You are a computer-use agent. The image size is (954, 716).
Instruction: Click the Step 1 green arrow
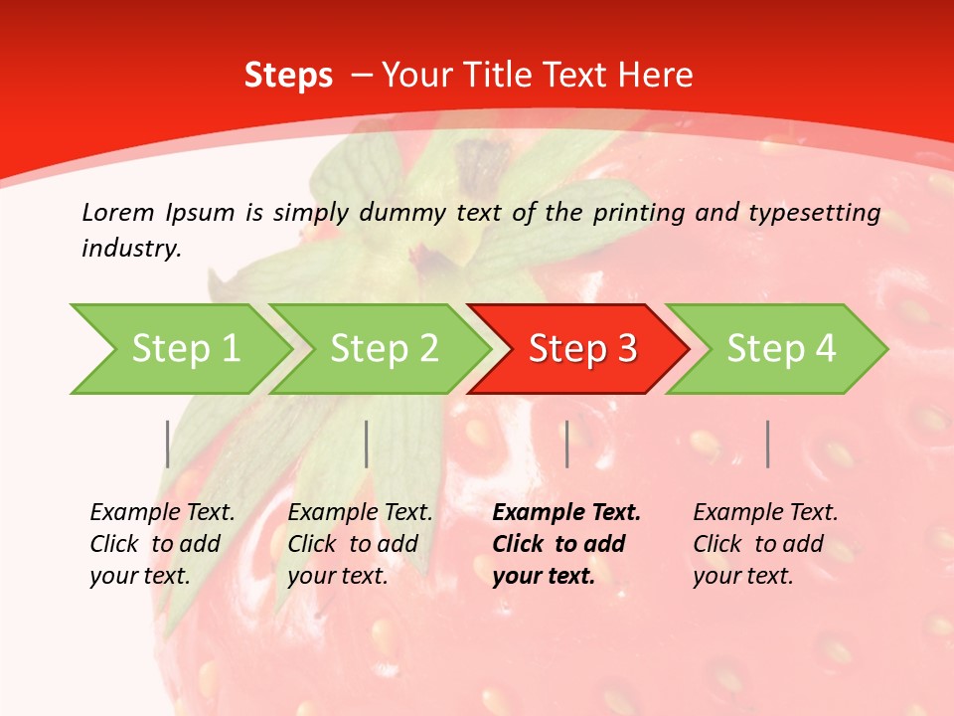[185, 349]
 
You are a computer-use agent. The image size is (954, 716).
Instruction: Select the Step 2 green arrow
[384, 349]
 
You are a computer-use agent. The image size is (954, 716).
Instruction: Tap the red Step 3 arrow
[582, 349]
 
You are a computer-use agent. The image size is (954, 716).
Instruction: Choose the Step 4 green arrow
[781, 349]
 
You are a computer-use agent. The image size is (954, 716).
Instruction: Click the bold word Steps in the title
[288, 76]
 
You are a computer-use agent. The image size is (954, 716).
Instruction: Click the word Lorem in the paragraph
[118, 212]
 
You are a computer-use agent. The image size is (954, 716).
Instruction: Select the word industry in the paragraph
[130, 249]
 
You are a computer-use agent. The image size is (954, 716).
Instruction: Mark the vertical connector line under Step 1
[168, 444]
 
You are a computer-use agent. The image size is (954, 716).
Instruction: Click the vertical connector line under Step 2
[367, 444]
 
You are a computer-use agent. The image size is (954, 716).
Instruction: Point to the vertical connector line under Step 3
[566, 444]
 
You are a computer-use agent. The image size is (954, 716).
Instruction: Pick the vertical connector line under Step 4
[767, 444]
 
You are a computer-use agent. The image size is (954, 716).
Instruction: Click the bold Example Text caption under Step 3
[566, 543]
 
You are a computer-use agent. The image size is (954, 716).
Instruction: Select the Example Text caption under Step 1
[162, 543]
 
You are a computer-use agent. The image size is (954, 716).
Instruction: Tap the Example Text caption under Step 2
[360, 543]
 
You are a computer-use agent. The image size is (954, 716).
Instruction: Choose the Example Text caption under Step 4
[765, 543]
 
